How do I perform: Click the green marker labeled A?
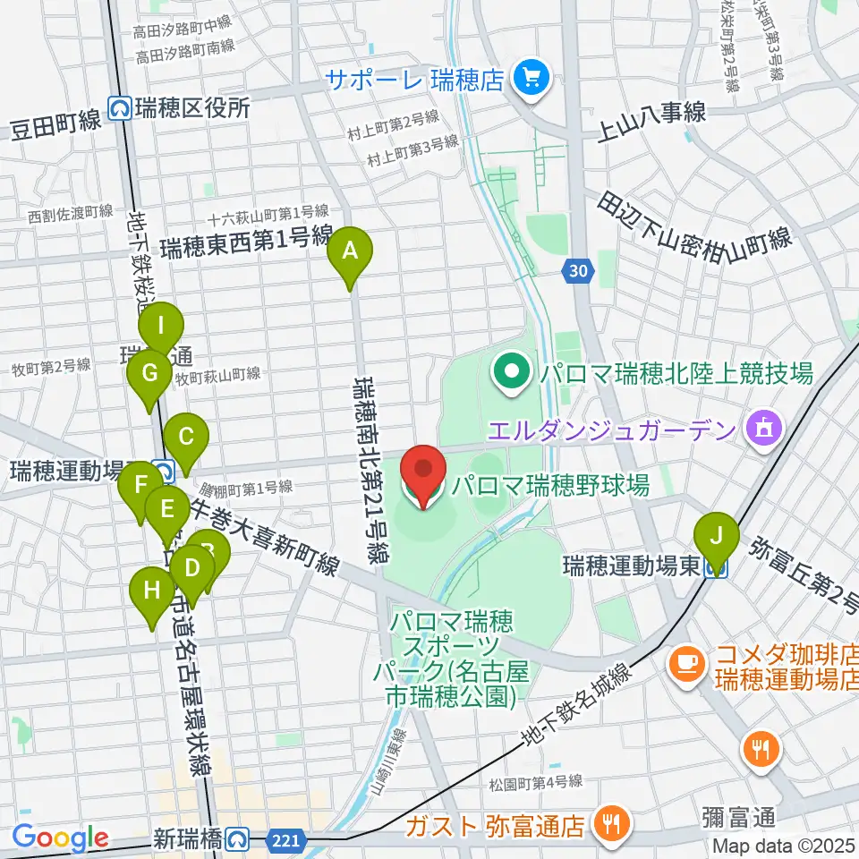[350, 251]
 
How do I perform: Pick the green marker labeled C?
[186, 438]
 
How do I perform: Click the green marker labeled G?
[149, 373]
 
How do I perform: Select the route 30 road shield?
[578, 269]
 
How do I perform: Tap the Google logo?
[60, 838]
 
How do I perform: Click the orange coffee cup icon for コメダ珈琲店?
[687, 663]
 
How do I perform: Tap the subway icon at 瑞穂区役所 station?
[119, 109]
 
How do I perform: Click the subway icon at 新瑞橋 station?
[237, 838]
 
